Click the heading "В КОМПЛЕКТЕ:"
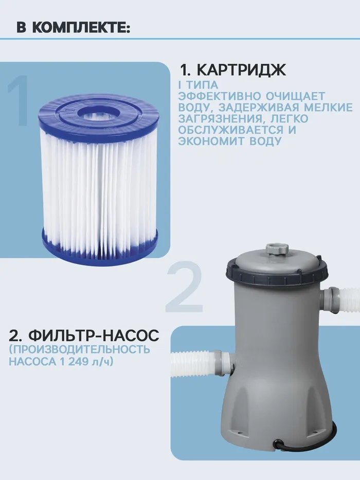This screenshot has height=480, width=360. (74, 28)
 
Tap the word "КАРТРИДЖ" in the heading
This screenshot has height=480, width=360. (241, 70)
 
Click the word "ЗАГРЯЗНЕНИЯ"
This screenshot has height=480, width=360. (221, 118)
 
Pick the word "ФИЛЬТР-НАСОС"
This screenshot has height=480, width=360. (94, 335)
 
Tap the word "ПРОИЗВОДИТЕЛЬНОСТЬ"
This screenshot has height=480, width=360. (80, 349)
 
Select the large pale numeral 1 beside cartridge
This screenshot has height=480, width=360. (19, 100)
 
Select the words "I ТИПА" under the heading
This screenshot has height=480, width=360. (198, 85)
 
